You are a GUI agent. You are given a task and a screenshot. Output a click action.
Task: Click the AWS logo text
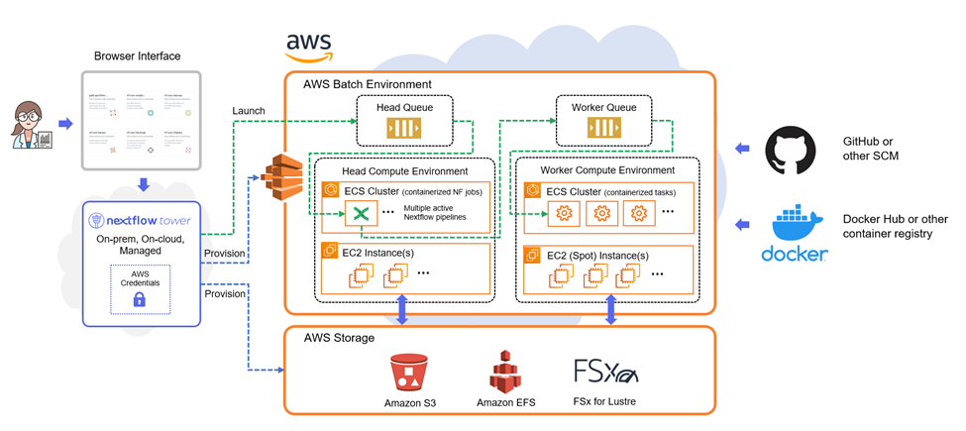[x=309, y=43]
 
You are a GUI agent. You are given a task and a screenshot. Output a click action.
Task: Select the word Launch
[x=247, y=110]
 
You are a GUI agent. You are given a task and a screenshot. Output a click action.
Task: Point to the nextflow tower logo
[x=139, y=219]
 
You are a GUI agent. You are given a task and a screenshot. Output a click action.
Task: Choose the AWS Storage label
[x=339, y=338]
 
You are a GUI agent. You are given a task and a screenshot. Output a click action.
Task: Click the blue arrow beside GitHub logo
[x=742, y=149]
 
